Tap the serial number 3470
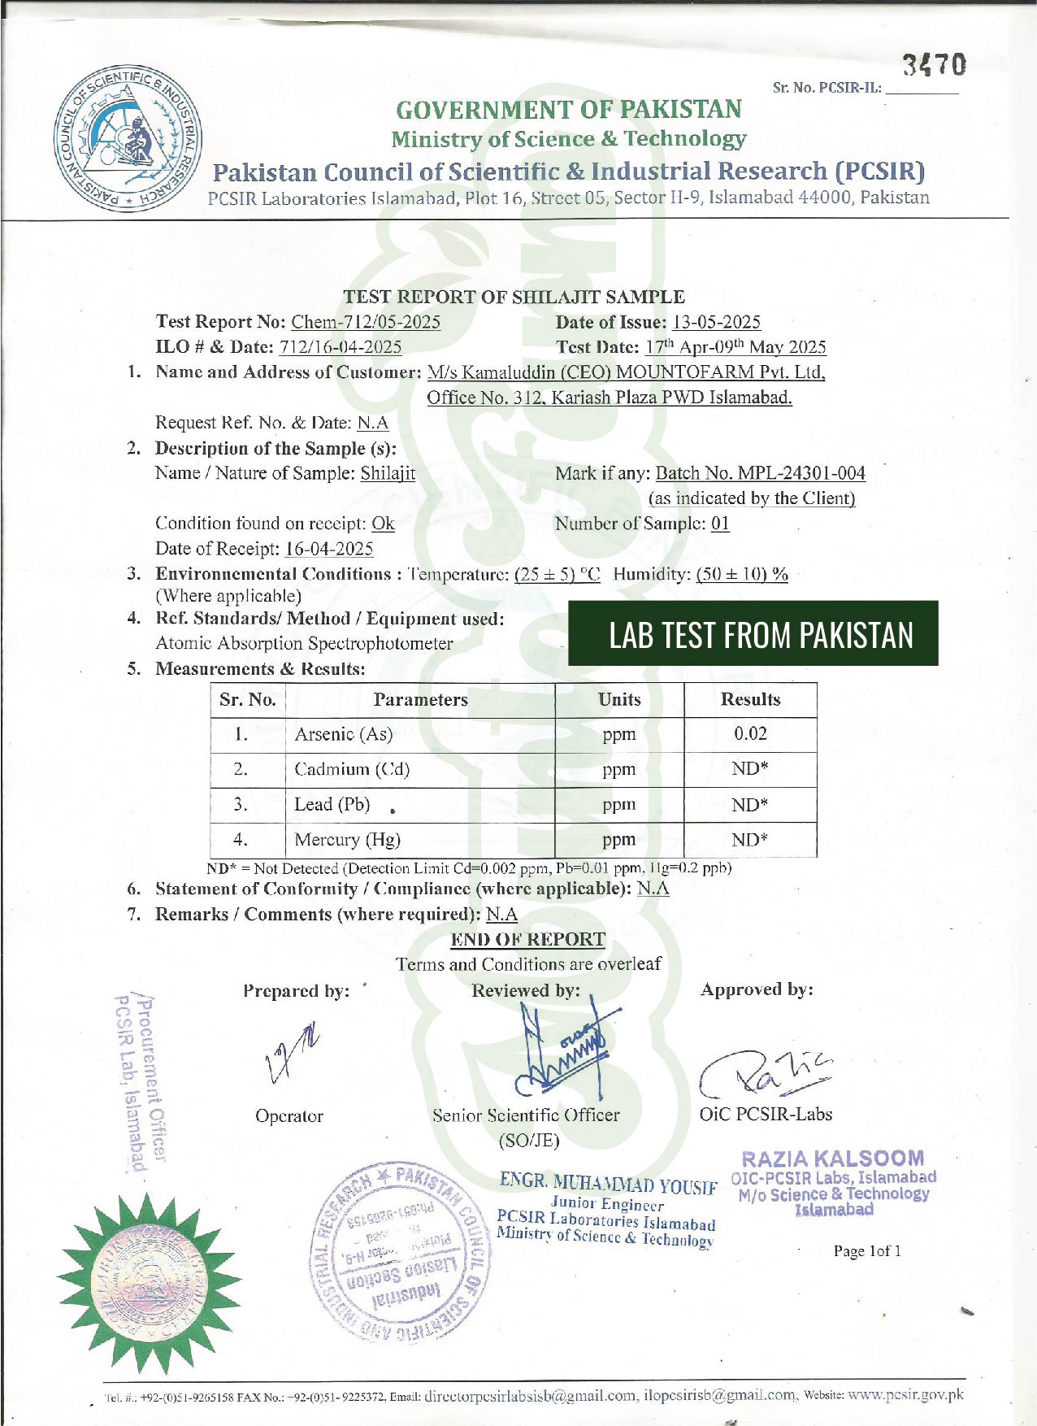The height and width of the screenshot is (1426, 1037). [935, 65]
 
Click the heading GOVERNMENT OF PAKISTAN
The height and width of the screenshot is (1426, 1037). [569, 109]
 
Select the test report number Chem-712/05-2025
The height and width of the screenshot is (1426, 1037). [366, 322]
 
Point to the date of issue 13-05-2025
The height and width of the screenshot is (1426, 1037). [716, 322]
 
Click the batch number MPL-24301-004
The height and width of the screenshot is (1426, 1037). [760, 473]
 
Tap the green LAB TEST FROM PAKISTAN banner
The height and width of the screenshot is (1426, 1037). [753, 634]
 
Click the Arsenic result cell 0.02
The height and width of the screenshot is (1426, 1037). [750, 734]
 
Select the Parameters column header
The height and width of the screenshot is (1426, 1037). [420, 700]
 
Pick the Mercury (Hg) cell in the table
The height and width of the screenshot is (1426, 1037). [348, 840]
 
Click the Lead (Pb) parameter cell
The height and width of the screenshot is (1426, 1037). [332, 805]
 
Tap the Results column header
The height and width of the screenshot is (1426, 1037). [750, 700]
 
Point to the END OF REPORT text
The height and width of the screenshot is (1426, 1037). [527, 940]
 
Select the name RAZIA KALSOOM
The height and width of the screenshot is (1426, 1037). [833, 1159]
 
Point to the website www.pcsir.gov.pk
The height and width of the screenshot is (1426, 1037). [905, 1395]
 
